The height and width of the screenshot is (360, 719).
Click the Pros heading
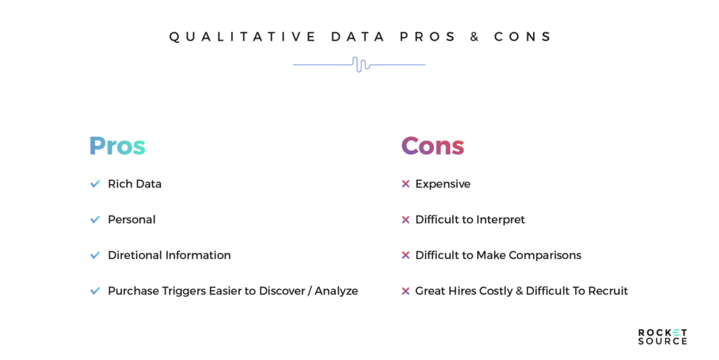(x=117, y=146)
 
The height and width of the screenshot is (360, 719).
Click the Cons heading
(x=433, y=146)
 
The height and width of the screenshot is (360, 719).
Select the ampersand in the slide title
(x=475, y=37)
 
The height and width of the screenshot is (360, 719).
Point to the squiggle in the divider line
(x=359, y=65)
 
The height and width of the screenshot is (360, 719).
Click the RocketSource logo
(x=662, y=336)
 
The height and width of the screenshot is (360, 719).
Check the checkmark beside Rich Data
(x=95, y=184)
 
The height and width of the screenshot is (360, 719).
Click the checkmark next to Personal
(x=95, y=220)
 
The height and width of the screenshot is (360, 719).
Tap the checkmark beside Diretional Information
(x=95, y=255)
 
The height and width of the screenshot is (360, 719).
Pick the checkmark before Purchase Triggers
(x=95, y=291)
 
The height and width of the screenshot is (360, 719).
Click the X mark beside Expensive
(x=405, y=184)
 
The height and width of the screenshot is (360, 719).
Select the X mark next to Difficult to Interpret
(x=405, y=220)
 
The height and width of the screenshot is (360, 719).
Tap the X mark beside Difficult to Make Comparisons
(x=405, y=255)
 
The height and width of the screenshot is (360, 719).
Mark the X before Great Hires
(x=405, y=291)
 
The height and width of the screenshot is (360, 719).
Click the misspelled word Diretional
(x=135, y=255)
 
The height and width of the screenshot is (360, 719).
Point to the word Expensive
(x=442, y=184)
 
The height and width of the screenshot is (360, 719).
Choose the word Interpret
(x=501, y=220)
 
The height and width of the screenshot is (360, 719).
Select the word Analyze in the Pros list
(x=336, y=291)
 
